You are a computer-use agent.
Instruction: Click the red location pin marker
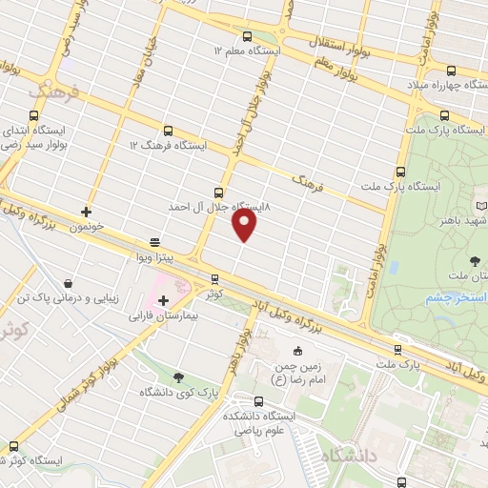click(x=245, y=225)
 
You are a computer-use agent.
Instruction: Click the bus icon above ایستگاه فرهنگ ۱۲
click(x=168, y=130)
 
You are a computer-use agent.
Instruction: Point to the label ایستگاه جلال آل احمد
click(x=222, y=206)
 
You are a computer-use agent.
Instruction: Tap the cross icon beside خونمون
click(x=86, y=212)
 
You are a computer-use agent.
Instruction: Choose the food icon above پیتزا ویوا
click(x=154, y=242)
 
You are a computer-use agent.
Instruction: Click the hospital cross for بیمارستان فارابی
click(x=163, y=300)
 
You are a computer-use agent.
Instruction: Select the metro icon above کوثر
click(x=214, y=278)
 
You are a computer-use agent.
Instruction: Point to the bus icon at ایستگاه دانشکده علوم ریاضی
click(x=259, y=400)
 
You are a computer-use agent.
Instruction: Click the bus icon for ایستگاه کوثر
click(x=14, y=445)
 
